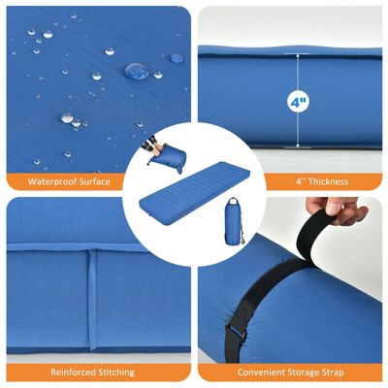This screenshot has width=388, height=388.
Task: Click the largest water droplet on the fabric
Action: (137, 71)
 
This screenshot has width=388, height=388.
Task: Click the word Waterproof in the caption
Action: (53, 181)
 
